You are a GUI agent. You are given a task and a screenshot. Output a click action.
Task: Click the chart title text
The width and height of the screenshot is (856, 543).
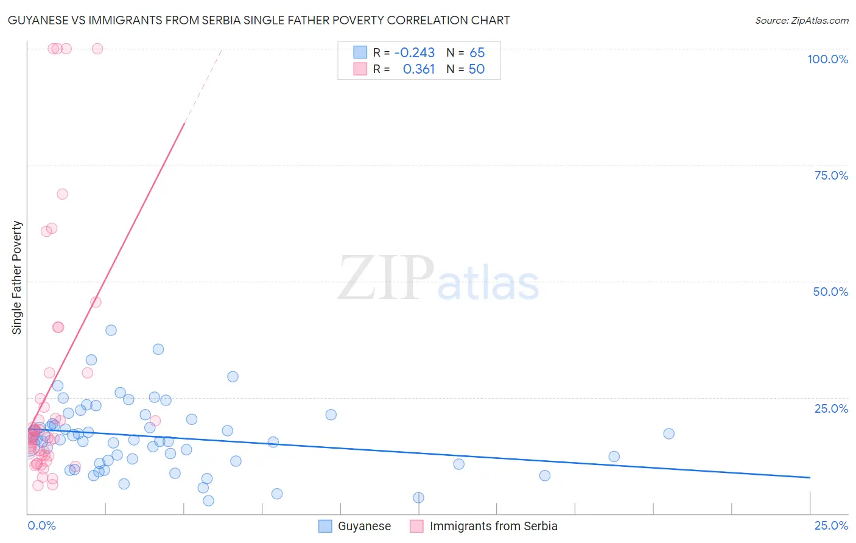click(x=259, y=20)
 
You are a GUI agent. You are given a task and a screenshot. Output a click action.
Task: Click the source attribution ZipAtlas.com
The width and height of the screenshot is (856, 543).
click(x=801, y=20)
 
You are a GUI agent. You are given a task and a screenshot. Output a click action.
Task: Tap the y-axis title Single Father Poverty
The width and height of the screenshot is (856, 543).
click(x=17, y=278)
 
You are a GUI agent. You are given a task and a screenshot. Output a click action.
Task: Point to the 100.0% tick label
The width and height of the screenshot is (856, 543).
click(x=827, y=59)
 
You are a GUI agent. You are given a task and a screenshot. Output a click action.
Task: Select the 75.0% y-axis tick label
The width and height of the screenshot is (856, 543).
click(x=831, y=175)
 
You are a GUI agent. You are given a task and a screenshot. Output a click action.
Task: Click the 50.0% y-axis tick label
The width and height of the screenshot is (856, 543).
click(x=830, y=292)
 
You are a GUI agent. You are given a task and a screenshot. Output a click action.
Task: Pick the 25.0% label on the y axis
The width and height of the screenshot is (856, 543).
click(x=831, y=408)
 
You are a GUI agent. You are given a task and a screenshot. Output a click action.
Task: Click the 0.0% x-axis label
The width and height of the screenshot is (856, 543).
click(x=41, y=525)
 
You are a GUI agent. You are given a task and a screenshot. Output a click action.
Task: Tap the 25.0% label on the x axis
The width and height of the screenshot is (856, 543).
click(x=831, y=525)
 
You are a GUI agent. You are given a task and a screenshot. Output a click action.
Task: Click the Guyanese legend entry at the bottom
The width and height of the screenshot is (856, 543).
click(x=364, y=526)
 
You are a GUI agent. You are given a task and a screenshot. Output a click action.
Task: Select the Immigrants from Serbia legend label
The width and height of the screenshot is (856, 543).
click(x=493, y=526)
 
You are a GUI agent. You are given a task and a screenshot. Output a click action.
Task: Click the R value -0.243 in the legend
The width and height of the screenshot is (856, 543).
click(x=415, y=53)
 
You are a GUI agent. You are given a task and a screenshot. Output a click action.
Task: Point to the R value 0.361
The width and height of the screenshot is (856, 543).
click(x=419, y=69)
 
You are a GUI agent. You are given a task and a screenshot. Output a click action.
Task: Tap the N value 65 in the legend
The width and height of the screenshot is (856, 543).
click(x=477, y=53)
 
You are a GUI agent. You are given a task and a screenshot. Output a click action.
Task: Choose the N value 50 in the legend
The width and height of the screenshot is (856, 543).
click(x=477, y=69)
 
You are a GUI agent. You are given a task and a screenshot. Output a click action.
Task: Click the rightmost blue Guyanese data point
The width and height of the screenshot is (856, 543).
click(x=668, y=433)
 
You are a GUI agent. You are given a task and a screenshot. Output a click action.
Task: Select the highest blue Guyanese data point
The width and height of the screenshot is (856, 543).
click(x=111, y=330)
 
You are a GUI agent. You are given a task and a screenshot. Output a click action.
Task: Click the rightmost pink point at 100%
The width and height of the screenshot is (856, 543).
click(x=97, y=49)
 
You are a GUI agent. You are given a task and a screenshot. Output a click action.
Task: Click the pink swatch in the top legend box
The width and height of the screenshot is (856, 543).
click(x=360, y=69)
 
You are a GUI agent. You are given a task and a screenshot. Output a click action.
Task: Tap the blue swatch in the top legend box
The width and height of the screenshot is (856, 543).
click(x=360, y=53)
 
